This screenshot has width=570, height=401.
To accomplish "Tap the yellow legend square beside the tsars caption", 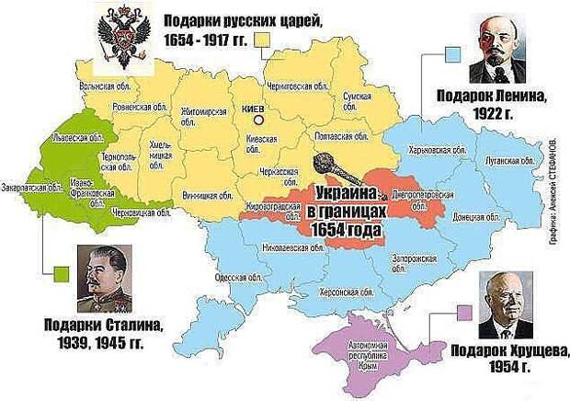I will point(263,40).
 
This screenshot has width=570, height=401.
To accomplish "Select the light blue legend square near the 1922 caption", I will point(450,54).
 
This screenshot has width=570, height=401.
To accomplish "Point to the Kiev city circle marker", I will point(259,120).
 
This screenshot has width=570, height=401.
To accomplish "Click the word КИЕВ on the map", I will point(250,109).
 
